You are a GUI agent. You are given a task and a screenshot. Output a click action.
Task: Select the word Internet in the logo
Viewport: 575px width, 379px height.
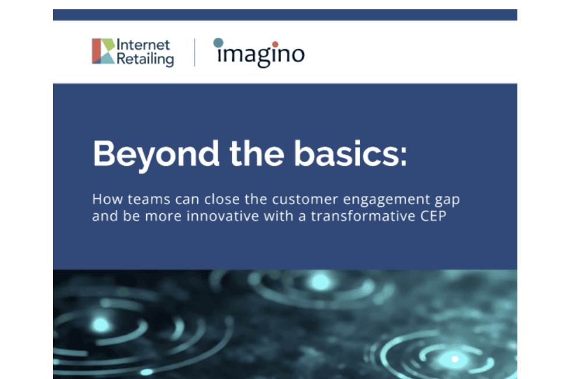[x=144, y=45]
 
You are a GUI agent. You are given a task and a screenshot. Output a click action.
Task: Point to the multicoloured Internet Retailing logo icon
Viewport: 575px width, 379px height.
[x=103, y=51]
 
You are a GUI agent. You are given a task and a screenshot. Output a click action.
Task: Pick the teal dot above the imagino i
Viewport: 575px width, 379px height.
[x=218, y=42]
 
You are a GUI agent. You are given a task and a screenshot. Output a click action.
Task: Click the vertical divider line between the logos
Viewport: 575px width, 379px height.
[x=194, y=52]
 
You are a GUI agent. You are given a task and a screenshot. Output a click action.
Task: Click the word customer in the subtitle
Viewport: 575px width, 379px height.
[x=303, y=201]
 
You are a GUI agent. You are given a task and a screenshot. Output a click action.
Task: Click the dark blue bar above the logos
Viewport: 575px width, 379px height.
[x=285, y=15]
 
